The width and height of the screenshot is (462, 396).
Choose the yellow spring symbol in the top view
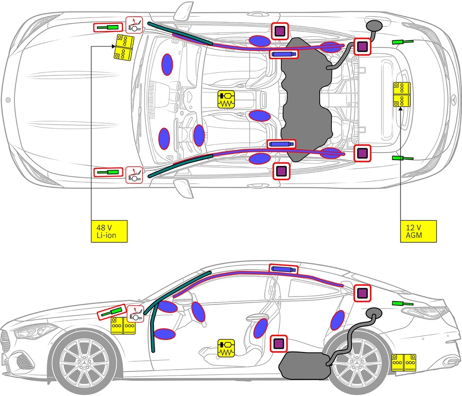[226, 99]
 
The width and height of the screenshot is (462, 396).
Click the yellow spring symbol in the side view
[226, 348]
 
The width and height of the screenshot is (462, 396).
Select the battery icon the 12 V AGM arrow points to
[401, 94]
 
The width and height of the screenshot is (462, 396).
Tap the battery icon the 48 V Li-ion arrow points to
[123, 47]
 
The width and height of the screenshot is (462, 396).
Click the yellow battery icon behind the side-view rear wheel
[404, 363]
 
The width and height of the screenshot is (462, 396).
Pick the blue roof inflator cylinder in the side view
[283, 269]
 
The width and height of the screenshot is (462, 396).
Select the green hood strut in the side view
[111, 313]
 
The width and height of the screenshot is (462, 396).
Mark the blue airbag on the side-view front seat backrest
[261, 327]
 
